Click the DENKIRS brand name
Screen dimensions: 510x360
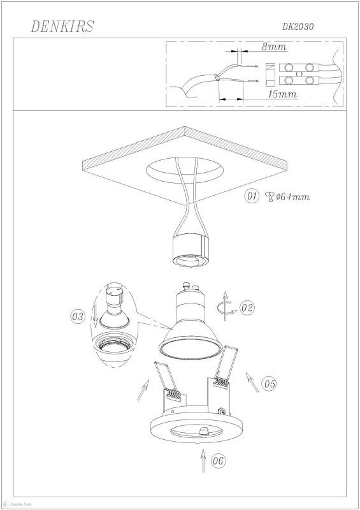pyautogui.click(x=63, y=26)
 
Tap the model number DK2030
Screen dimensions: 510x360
pyautogui.click(x=298, y=27)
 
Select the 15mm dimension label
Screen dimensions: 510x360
pyautogui.click(x=283, y=94)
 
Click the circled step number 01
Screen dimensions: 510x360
pyautogui.click(x=252, y=196)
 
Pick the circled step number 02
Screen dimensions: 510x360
pyautogui.click(x=247, y=308)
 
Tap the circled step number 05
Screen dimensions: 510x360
pyautogui.click(x=269, y=384)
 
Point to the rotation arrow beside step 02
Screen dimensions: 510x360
pyautogui.click(x=223, y=306)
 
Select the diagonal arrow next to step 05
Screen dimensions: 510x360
pyautogui.click(x=252, y=382)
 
